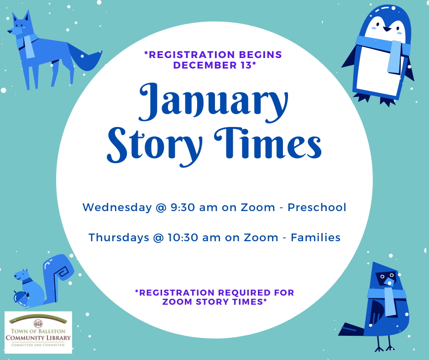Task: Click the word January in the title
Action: [214, 102]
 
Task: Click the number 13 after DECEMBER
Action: [245, 65]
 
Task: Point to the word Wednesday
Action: [117, 207]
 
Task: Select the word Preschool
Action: [317, 207]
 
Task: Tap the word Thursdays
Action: [119, 238]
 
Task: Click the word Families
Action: [315, 237]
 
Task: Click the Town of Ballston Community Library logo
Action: [38, 332]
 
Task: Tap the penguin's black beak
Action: [387, 29]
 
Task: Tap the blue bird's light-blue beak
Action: [389, 281]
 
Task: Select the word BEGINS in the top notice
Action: [261, 54]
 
